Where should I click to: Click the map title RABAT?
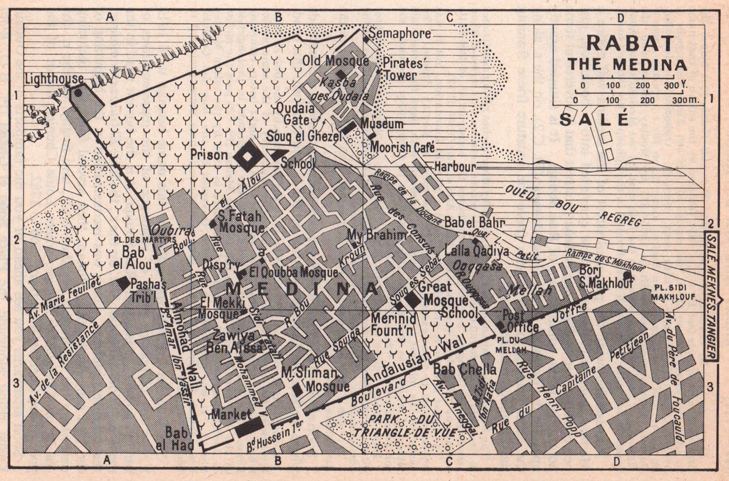pos(630,43)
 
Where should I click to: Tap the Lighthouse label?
pos(54,79)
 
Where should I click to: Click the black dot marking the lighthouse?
pos(78,93)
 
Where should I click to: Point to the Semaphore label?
pos(400,33)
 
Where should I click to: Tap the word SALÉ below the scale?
pos(594,119)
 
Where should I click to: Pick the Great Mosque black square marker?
pos(414,300)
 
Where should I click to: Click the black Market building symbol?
pos(249,427)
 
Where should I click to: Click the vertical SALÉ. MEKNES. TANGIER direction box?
pos(712,297)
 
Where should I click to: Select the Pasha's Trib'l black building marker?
pos(123,283)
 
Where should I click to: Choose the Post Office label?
pos(520,321)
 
